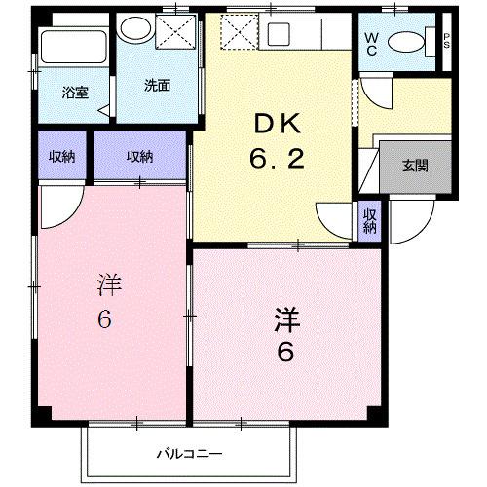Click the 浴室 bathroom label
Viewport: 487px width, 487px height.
coord(75,93)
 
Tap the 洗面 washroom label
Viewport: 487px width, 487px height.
coord(158,85)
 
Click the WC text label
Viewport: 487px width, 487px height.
coord(372,42)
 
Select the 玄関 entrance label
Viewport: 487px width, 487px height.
coord(414,166)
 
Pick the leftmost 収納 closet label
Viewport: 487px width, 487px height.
coord(63,156)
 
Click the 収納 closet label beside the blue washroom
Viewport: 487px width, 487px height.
coord(139,156)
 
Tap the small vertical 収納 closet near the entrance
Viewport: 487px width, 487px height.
coord(370,220)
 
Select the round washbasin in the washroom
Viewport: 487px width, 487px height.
coord(130,29)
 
